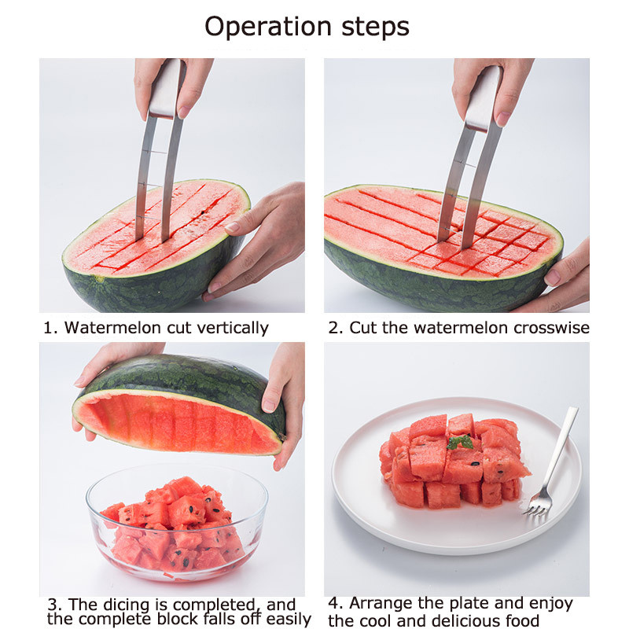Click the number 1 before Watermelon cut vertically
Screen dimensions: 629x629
47,327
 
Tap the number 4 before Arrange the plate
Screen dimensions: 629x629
333,604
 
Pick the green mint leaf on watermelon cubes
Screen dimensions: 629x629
460,443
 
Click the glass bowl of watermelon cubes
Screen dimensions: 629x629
177,523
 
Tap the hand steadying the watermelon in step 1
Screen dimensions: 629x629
259,236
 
